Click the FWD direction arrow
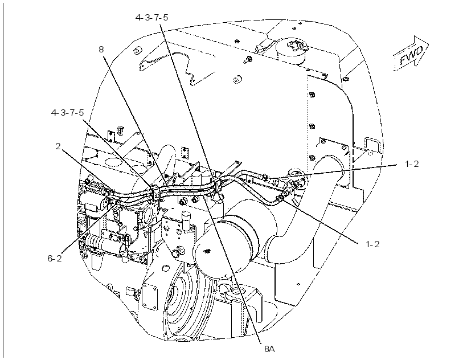pyautogui.click(x=412, y=54)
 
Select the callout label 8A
pyautogui.click(x=269, y=349)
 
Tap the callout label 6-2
pyautogui.click(x=55, y=258)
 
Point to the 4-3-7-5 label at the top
pyautogui.click(x=151, y=18)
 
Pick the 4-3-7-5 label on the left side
pyautogui.click(x=68, y=113)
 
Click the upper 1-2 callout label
pyautogui.click(x=412, y=164)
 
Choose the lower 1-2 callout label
pyautogui.click(x=372, y=244)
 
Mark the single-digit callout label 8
pyautogui.click(x=101, y=49)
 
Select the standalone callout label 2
pyautogui.click(x=58, y=146)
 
